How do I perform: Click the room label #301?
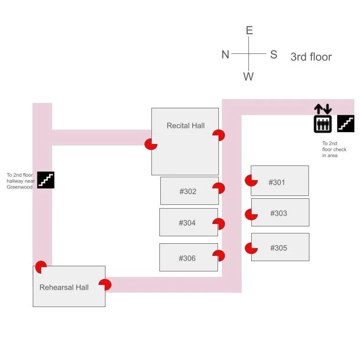tap(277, 182)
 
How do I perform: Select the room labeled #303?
tap(278, 213)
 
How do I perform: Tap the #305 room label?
tap(278, 248)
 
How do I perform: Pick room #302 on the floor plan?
tap(187, 191)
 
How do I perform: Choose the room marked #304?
tap(187, 223)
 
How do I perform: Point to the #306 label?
tap(187, 258)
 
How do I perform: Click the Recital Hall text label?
tap(185, 126)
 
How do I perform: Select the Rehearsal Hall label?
tap(64, 287)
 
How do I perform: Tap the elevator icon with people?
tap(322, 124)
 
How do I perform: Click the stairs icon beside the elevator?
tap(346, 124)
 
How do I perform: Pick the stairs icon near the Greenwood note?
tap(46, 180)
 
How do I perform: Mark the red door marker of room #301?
tap(251, 180)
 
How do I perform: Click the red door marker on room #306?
tap(218, 255)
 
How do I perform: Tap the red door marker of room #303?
tap(251, 214)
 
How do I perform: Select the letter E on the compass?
tap(249, 31)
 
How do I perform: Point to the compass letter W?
tap(248, 77)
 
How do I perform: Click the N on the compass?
tap(225, 55)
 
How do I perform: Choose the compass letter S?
tap(274, 55)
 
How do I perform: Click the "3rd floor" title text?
tap(311, 57)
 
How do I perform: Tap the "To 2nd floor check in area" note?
tap(334, 150)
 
